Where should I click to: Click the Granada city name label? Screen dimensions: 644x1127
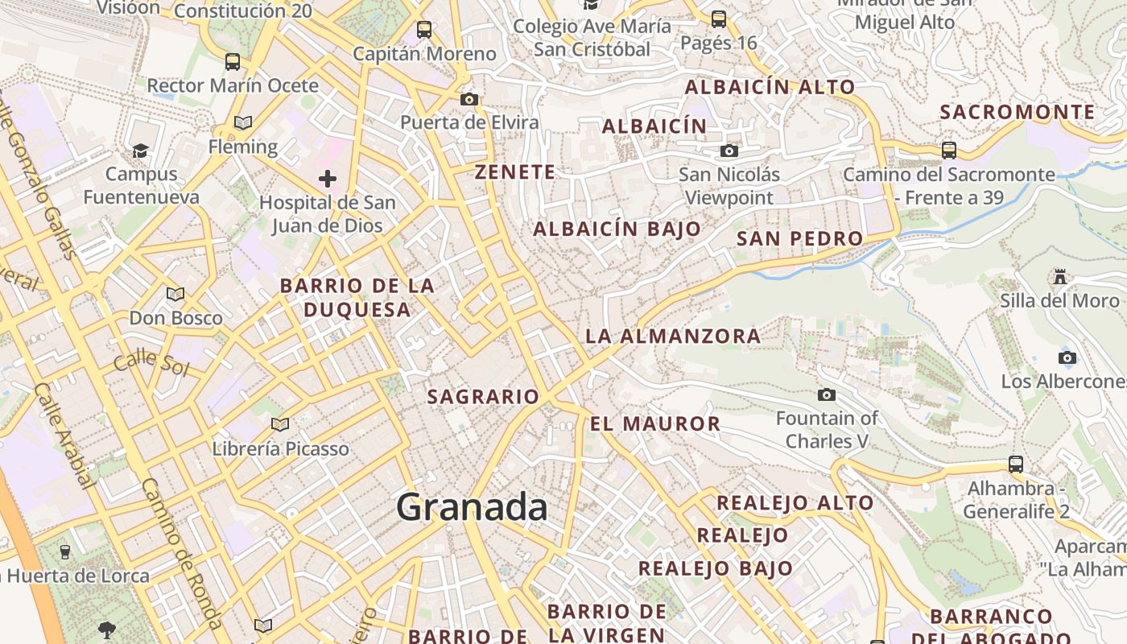tap(472, 508)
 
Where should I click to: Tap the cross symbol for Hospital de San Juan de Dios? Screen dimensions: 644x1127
tap(327, 178)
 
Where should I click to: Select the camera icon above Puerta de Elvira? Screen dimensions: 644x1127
tap(469, 100)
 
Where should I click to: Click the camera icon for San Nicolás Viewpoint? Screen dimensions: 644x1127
tap(729, 151)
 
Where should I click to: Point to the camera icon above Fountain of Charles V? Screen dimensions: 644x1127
tap(826, 394)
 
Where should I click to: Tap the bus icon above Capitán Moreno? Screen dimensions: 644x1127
tap(424, 31)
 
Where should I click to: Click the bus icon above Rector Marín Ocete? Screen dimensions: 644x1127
tap(233, 61)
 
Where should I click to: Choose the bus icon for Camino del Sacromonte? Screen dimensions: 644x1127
tap(949, 150)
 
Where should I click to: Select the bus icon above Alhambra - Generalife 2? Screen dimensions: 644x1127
tap(1016, 464)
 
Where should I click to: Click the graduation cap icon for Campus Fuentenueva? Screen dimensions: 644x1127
tap(141, 151)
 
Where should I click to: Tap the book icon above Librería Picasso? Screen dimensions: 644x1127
tap(280, 424)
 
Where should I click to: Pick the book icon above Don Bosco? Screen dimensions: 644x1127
tap(175, 294)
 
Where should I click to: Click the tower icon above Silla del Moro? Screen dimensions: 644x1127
tap(1060, 277)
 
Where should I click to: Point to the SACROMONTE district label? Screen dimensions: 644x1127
tap(1018, 112)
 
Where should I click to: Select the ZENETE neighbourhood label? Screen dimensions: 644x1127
tap(515, 171)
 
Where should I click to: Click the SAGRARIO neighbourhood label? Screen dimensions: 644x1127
tap(483, 396)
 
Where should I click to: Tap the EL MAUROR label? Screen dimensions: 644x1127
tap(655, 423)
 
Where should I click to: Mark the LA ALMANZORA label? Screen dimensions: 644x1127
tap(673, 336)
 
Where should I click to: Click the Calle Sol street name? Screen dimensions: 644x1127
tap(151, 364)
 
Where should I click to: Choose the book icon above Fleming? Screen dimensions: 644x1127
tap(242, 122)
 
